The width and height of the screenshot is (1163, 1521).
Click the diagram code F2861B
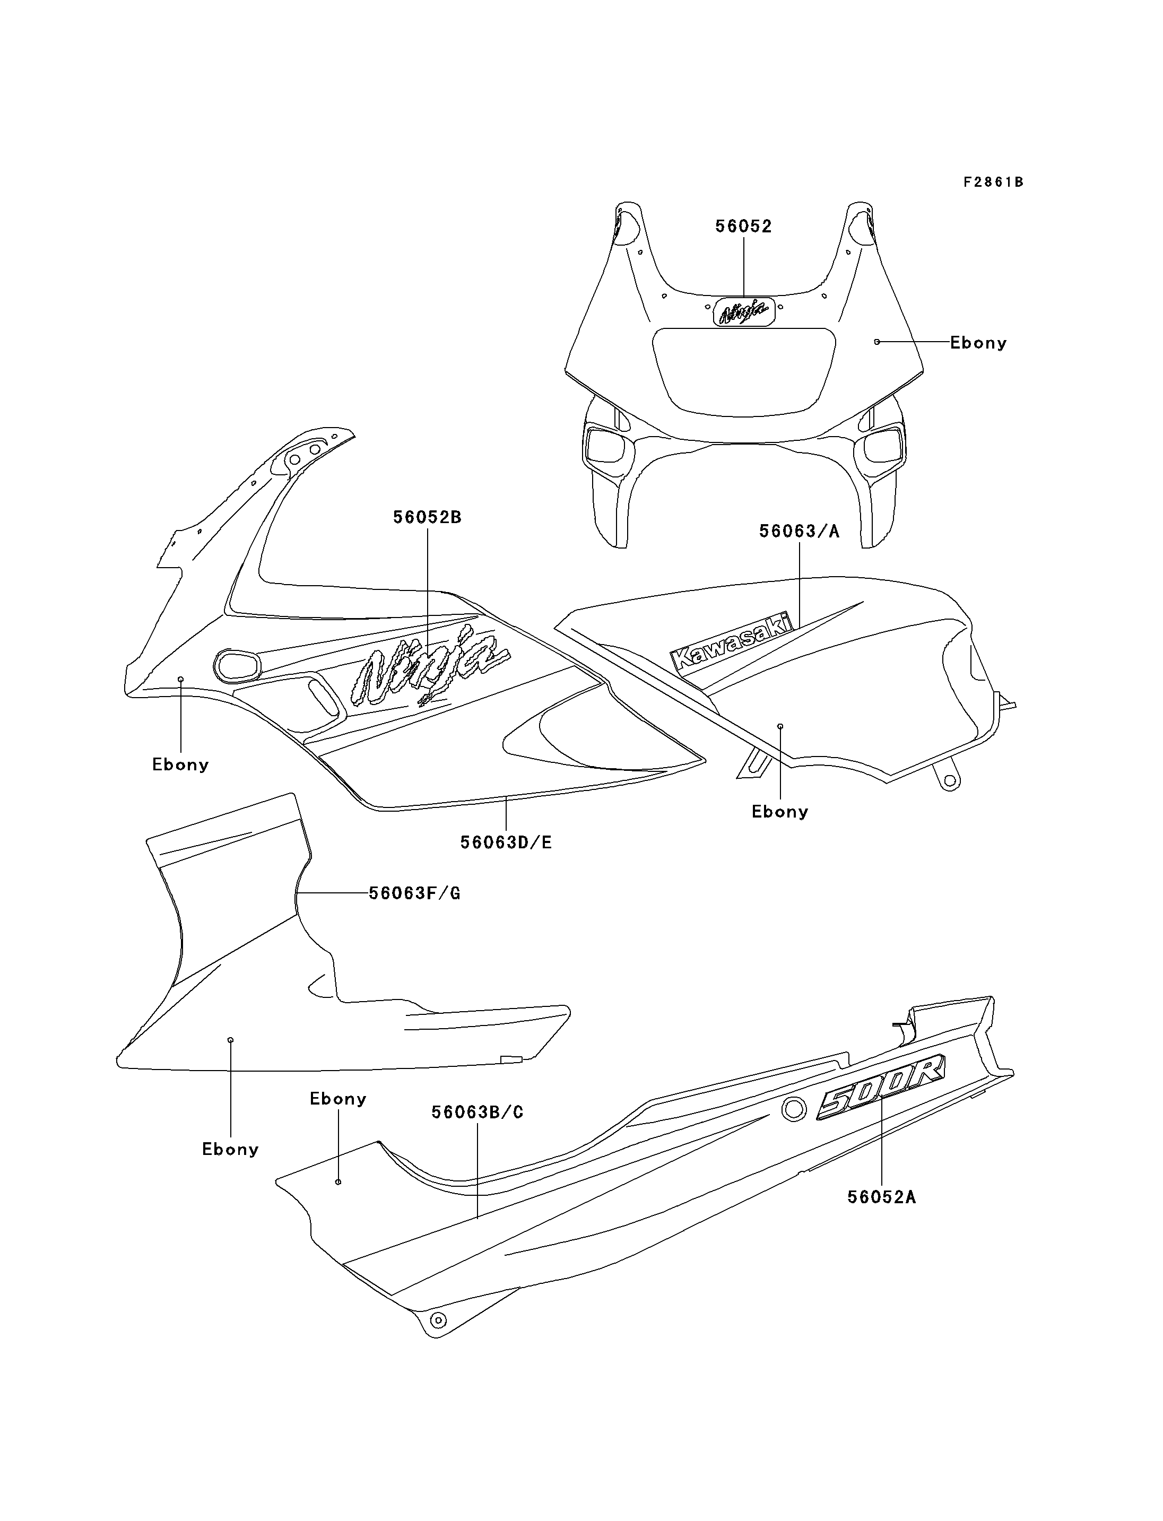tap(993, 182)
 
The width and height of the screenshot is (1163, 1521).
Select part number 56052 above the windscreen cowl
tap(743, 227)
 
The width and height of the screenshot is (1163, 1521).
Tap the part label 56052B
tap(427, 517)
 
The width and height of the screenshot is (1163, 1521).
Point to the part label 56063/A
tap(800, 531)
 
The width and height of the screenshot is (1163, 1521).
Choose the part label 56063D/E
tap(506, 842)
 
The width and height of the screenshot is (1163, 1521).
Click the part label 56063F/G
tap(414, 894)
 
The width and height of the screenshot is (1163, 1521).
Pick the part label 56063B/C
tap(478, 1112)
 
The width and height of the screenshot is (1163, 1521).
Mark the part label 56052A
tap(881, 1197)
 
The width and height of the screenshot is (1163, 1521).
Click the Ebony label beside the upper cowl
tap(978, 343)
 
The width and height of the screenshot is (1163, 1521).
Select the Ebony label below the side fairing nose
tap(180, 764)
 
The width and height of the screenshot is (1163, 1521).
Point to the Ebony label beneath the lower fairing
tap(230, 1149)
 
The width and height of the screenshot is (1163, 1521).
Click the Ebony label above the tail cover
tap(338, 1099)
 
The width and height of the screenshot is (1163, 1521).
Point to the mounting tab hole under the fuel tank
tap(950, 781)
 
